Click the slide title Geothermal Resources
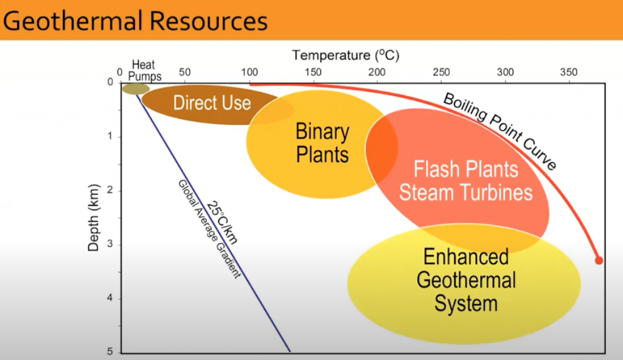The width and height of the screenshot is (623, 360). coord(135,21)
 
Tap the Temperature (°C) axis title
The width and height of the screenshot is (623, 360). coord(346,55)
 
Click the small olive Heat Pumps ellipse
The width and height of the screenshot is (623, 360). coord(135,89)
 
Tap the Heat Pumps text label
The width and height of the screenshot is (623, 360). coord(146,71)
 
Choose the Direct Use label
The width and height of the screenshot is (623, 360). coord(212,102)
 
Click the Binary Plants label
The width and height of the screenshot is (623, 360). coord(322,143)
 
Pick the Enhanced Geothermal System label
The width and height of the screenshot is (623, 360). coord(466,280)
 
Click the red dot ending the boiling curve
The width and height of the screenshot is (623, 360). coord(599,260)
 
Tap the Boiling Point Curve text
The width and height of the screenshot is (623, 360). coord(500,131)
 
